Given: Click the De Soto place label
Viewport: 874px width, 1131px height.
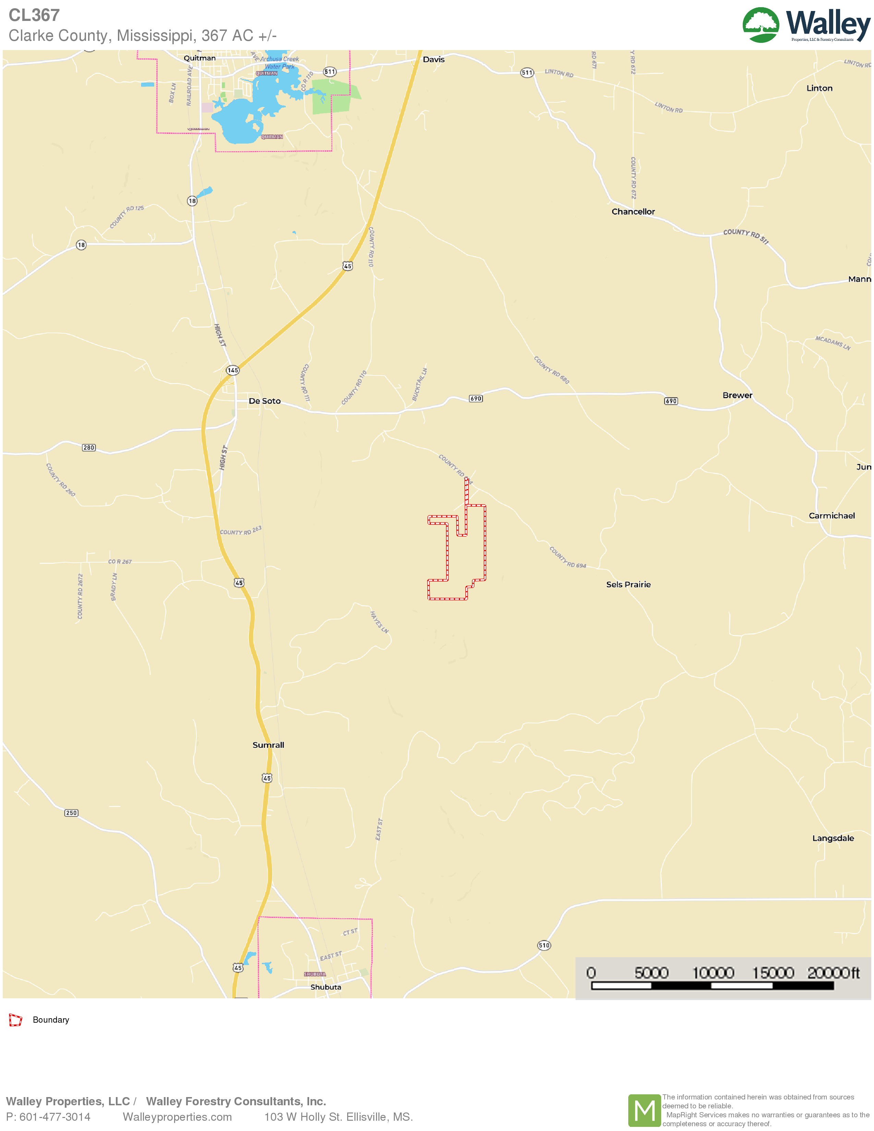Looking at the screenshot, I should (265, 401).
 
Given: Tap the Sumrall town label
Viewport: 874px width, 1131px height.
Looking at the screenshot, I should (268, 745).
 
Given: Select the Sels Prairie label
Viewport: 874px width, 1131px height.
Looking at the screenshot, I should (628, 584).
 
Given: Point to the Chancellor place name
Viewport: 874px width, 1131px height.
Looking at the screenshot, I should (633, 211).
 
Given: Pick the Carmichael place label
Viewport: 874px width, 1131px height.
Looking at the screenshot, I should (831, 515).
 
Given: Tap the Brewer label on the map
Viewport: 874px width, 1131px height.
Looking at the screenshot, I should (737, 395).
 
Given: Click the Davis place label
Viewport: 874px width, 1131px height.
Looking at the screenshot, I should (433, 60).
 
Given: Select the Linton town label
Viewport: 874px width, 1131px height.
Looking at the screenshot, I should (819, 88).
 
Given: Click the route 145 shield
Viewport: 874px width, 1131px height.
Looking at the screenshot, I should (232, 370).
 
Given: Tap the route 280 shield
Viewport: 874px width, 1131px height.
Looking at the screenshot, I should (88, 447).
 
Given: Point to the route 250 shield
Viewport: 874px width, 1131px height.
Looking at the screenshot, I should (71, 813).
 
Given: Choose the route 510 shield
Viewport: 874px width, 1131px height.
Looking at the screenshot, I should (544, 945).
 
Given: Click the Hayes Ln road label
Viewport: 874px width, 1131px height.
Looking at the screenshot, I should (379, 622).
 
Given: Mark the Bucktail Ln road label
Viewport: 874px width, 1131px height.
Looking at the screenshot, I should (420, 384).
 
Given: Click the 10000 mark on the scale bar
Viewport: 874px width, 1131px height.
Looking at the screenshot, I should (713, 973).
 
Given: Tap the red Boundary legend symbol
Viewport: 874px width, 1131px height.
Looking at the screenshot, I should (15, 1020).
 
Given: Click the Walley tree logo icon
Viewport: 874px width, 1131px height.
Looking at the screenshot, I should (760, 24).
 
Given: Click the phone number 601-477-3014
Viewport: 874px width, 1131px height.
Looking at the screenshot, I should (55, 1117).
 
